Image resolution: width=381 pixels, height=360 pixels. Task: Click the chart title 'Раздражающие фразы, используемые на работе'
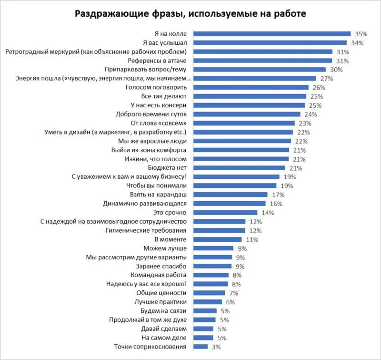[x=190, y=13]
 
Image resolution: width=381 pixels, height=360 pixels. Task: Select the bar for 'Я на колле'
[x=272, y=34]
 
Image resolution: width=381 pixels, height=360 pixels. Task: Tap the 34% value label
[x=357, y=43]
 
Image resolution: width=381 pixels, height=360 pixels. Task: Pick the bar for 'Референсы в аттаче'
[x=262, y=61]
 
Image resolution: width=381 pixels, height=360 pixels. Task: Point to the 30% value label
[x=337, y=70]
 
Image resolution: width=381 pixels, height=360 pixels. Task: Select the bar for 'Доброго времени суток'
[x=247, y=114]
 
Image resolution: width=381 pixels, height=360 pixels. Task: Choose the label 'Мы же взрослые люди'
[x=155, y=141]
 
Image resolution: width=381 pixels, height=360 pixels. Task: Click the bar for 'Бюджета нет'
[x=239, y=168]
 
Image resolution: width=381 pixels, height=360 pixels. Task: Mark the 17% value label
[x=278, y=195]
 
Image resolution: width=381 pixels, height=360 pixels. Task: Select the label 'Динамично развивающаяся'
[x=148, y=204]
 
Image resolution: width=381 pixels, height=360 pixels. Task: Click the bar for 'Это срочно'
[x=225, y=213]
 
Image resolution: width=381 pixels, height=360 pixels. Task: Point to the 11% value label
[x=252, y=239]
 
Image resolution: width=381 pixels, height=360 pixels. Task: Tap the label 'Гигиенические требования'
[x=149, y=230]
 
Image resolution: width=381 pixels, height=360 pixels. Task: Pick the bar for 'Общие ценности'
[x=209, y=293]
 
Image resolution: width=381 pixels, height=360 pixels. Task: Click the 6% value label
[x=231, y=302]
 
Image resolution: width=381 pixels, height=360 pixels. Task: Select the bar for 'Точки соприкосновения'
[x=201, y=347]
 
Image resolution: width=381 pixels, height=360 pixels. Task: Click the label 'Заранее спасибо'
[x=164, y=266]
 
